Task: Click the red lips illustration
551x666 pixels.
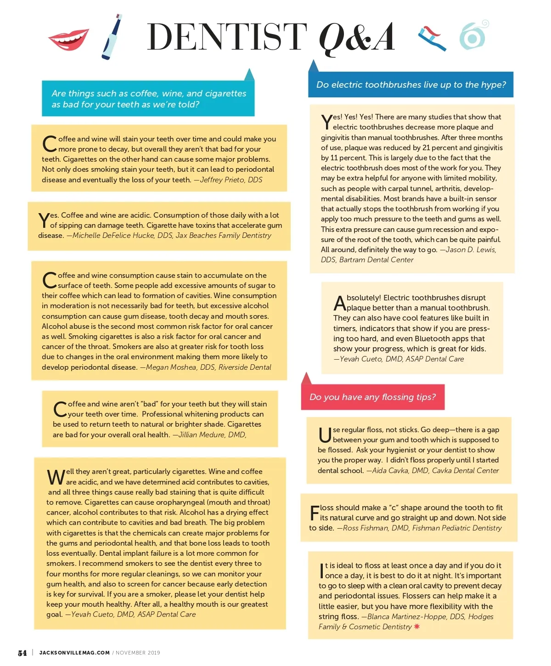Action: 69,39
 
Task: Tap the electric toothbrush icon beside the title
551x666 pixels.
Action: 112,37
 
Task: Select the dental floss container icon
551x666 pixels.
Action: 473,36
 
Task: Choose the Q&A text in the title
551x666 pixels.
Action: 356,38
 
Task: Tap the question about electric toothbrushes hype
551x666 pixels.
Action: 410,85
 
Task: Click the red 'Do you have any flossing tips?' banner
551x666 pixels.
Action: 372,397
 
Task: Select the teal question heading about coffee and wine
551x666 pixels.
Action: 148,99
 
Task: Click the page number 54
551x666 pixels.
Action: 22,653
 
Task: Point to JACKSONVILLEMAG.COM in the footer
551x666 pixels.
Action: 74,653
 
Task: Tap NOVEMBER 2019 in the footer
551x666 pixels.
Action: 138,653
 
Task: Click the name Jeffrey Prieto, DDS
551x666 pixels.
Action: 231,180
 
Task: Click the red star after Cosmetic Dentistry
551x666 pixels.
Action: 417,626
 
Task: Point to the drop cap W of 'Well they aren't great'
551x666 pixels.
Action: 56,477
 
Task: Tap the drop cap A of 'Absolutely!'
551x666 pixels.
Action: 339,303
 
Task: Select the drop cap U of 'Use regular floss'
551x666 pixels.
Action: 325,435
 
